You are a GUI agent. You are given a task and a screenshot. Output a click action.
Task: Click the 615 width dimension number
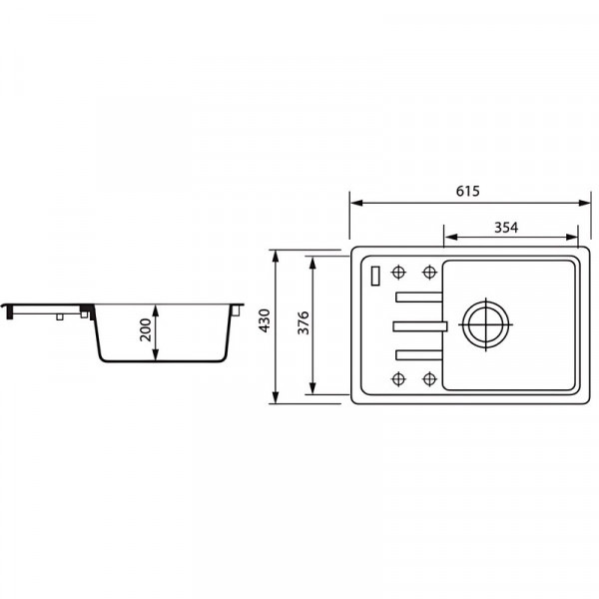pos(467,191)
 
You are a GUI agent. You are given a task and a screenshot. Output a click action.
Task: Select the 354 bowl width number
pos(506,228)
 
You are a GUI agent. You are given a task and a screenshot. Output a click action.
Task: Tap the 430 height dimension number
pos(265,320)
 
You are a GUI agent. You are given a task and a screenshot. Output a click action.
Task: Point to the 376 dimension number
pos(303,322)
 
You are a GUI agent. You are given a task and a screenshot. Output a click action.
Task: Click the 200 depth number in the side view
pos(146,329)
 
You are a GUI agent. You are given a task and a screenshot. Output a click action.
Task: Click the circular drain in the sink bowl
pos(485,324)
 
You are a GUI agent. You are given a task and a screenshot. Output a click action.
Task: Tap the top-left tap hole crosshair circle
pos(398,273)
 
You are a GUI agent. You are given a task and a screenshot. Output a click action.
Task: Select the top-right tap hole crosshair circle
pos(429,273)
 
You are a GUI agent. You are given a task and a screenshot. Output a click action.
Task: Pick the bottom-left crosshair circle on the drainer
pos(398,379)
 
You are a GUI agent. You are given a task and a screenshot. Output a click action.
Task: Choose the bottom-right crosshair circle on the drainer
pos(429,379)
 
